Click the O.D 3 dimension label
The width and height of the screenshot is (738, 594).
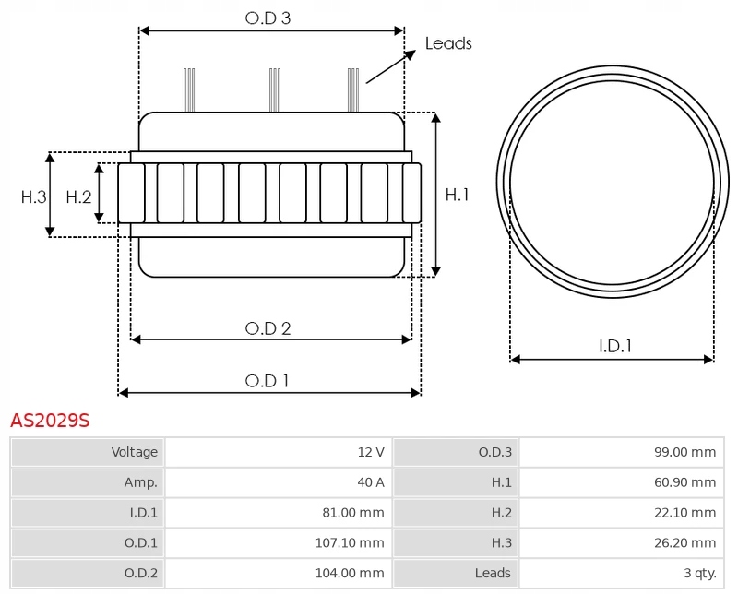[x=268, y=18]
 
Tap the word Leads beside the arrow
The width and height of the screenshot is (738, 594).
[x=448, y=43]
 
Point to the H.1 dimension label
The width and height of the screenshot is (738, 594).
[x=458, y=195]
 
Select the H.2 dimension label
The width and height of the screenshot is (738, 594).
[x=79, y=196]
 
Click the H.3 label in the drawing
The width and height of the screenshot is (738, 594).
[x=34, y=196]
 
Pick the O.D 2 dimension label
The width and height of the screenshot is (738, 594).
[x=268, y=328]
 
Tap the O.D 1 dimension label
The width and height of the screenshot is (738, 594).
[x=268, y=380]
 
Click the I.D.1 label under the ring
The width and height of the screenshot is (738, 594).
[x=614, y=347]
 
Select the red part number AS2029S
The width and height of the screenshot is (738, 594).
[x=50, y=421]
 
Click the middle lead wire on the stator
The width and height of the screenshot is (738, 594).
[x=274, y=90]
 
